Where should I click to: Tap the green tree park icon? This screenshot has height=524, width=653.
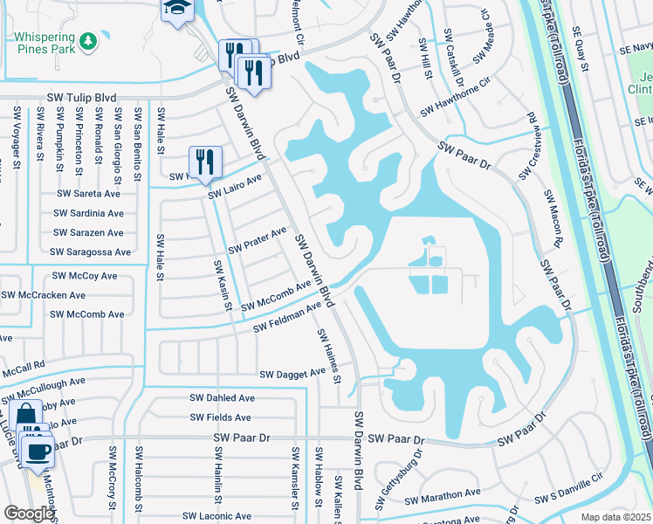pos(87,41)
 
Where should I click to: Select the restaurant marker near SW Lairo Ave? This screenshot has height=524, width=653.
pos(205,162)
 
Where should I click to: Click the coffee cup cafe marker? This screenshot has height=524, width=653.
pos(37,451)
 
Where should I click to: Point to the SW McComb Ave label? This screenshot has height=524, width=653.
pos(276,294)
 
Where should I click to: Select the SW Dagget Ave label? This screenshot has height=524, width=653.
pos(292,374)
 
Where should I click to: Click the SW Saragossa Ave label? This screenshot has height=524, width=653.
pos(90,252)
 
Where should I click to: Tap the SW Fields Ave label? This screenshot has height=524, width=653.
pos(222,417)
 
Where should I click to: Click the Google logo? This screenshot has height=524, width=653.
pos(28,514)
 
